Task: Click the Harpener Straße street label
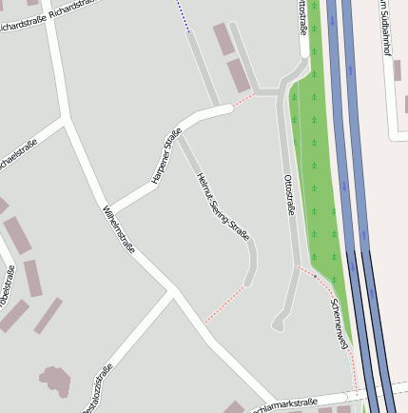(166, 157)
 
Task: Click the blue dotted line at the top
(183, 17)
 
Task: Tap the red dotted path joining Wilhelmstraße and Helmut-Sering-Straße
(223, 305)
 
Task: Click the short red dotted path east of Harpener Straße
(243, 99)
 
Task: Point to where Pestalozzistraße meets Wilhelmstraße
(174, 293)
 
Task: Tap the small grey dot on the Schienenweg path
(315, 275)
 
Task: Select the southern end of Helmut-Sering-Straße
(247, 282)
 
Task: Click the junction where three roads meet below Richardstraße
(66, 120)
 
